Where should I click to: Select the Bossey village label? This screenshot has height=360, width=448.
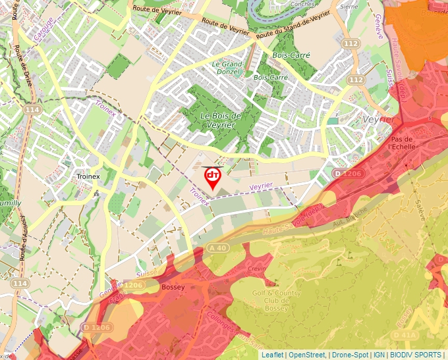click(173, 288)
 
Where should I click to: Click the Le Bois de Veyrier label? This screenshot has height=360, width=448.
click(220, 120)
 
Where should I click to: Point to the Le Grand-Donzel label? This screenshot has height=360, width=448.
click(228, 68)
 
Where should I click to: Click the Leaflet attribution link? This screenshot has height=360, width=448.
click(272, 355)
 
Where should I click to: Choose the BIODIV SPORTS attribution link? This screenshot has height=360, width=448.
click(416, 355)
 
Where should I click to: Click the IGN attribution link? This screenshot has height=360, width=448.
click(379, 355)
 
